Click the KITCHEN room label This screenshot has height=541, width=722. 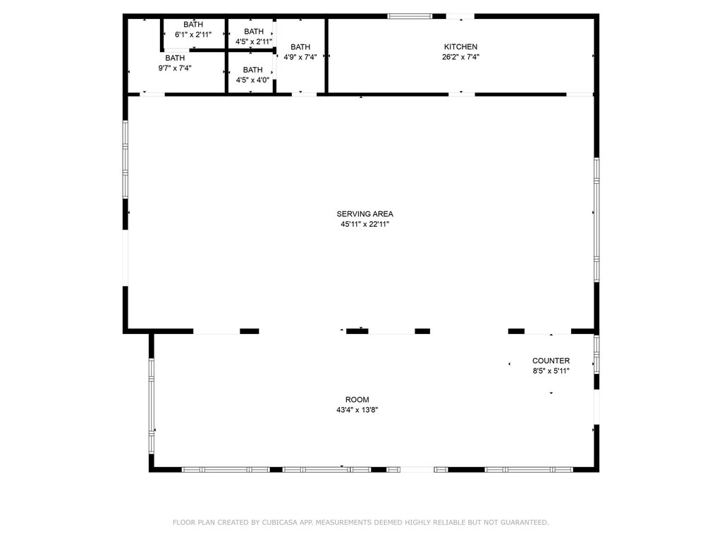460,47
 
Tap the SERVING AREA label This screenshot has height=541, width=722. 365,214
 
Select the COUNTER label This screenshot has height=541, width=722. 551,361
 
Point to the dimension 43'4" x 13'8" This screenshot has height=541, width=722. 357,410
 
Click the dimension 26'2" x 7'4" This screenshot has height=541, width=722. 460,57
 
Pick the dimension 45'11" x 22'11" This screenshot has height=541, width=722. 365,225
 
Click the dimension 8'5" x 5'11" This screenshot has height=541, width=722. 551,371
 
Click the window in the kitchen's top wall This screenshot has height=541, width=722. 410,17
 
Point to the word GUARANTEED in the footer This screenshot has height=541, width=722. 525,522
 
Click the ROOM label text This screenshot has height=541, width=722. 357,400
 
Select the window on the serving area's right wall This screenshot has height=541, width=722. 596,220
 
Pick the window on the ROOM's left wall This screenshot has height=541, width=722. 151,406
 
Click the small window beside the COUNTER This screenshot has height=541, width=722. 596,354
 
